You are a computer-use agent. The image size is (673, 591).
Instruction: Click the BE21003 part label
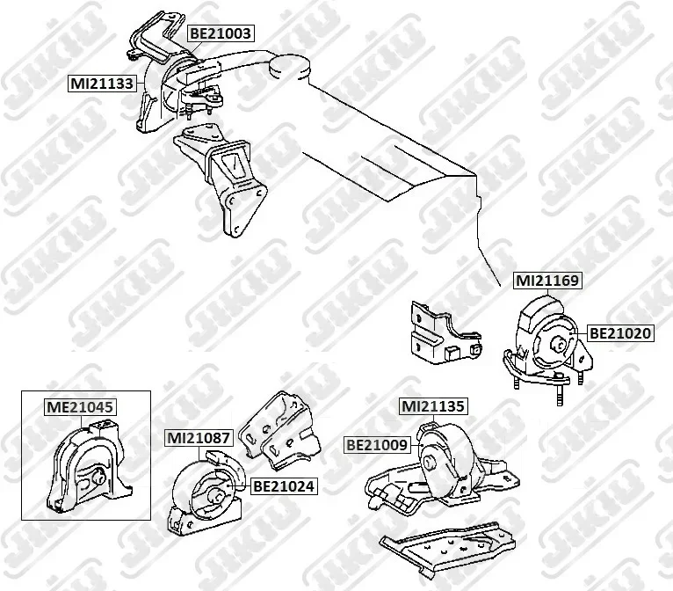pyautogui.click(x=221, y=33)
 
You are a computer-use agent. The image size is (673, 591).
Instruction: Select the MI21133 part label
pyautogui.click(x=102, y=83)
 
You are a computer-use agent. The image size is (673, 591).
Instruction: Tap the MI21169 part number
pyautogui.click(x=547, y=281)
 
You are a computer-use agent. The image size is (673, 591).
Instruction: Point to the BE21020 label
pyautogui.click(x=620, y=332)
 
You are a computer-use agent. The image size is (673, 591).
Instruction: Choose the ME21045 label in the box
pyautogui.click(x=80, y=406)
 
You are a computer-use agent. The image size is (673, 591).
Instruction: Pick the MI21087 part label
pyautogui.click(x=199, y=438)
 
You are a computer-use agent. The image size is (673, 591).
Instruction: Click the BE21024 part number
pyautogui.click(x=284, y=486)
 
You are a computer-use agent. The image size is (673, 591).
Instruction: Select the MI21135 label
pyautogui.click(x=432, y=406)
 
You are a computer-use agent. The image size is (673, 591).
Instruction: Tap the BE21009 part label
pyautogui.click(x=377, y=444)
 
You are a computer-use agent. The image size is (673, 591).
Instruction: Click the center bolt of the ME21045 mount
pyautogui.click(x=99, y=477)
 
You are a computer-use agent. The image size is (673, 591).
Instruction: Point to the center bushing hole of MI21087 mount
pyautogui.click(x=216, y=497)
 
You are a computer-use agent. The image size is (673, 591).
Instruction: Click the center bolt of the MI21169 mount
pyautogui.click(x=560, y=344)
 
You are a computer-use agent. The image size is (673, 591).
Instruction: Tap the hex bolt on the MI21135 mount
pyautogui.click(x=430, y=462)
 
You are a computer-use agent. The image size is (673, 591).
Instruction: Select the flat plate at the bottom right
pyautogui.click(x=448, y=546)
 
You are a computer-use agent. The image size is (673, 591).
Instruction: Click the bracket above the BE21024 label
pyautogui.click(x=280, y=429)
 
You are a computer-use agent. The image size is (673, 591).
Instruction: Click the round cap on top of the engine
pyautogui.click(x=289, y=68)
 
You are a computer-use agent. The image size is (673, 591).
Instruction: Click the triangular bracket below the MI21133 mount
pyautogui.click(x=221, y=179)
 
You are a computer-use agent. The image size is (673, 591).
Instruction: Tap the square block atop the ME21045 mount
pyautogui.click(x=104, y=427)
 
